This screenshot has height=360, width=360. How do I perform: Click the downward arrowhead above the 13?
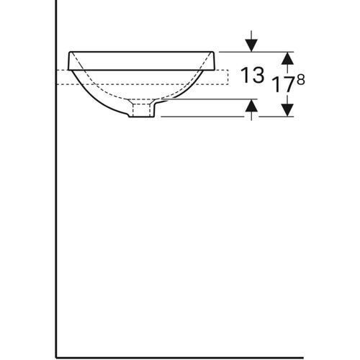click(251, 45)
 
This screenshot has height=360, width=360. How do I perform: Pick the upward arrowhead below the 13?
click(251, 106)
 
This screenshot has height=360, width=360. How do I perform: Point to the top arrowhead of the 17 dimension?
click(287, 57)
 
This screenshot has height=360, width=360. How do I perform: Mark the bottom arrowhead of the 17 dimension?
click(287, 110)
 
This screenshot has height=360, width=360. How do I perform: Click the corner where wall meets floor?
click(56, 346)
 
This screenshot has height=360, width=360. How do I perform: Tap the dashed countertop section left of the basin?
click(63, 77)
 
